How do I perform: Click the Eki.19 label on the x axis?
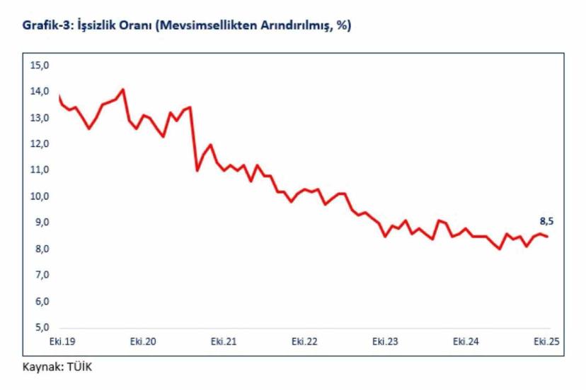[x=62, y=342]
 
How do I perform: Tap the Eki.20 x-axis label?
[x=142, y=342]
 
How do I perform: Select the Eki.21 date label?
[x=223, y=342]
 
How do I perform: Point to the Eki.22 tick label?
[x=304, y=342]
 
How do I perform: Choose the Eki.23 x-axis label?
[x=385, y=342]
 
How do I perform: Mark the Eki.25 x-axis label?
[x=546, y=342]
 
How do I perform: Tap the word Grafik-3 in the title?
[x=45, y=26]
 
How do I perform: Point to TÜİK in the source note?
[x=79, y=367]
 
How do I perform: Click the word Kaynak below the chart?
[x=42, y=367]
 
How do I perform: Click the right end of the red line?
[x=548, y=237]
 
